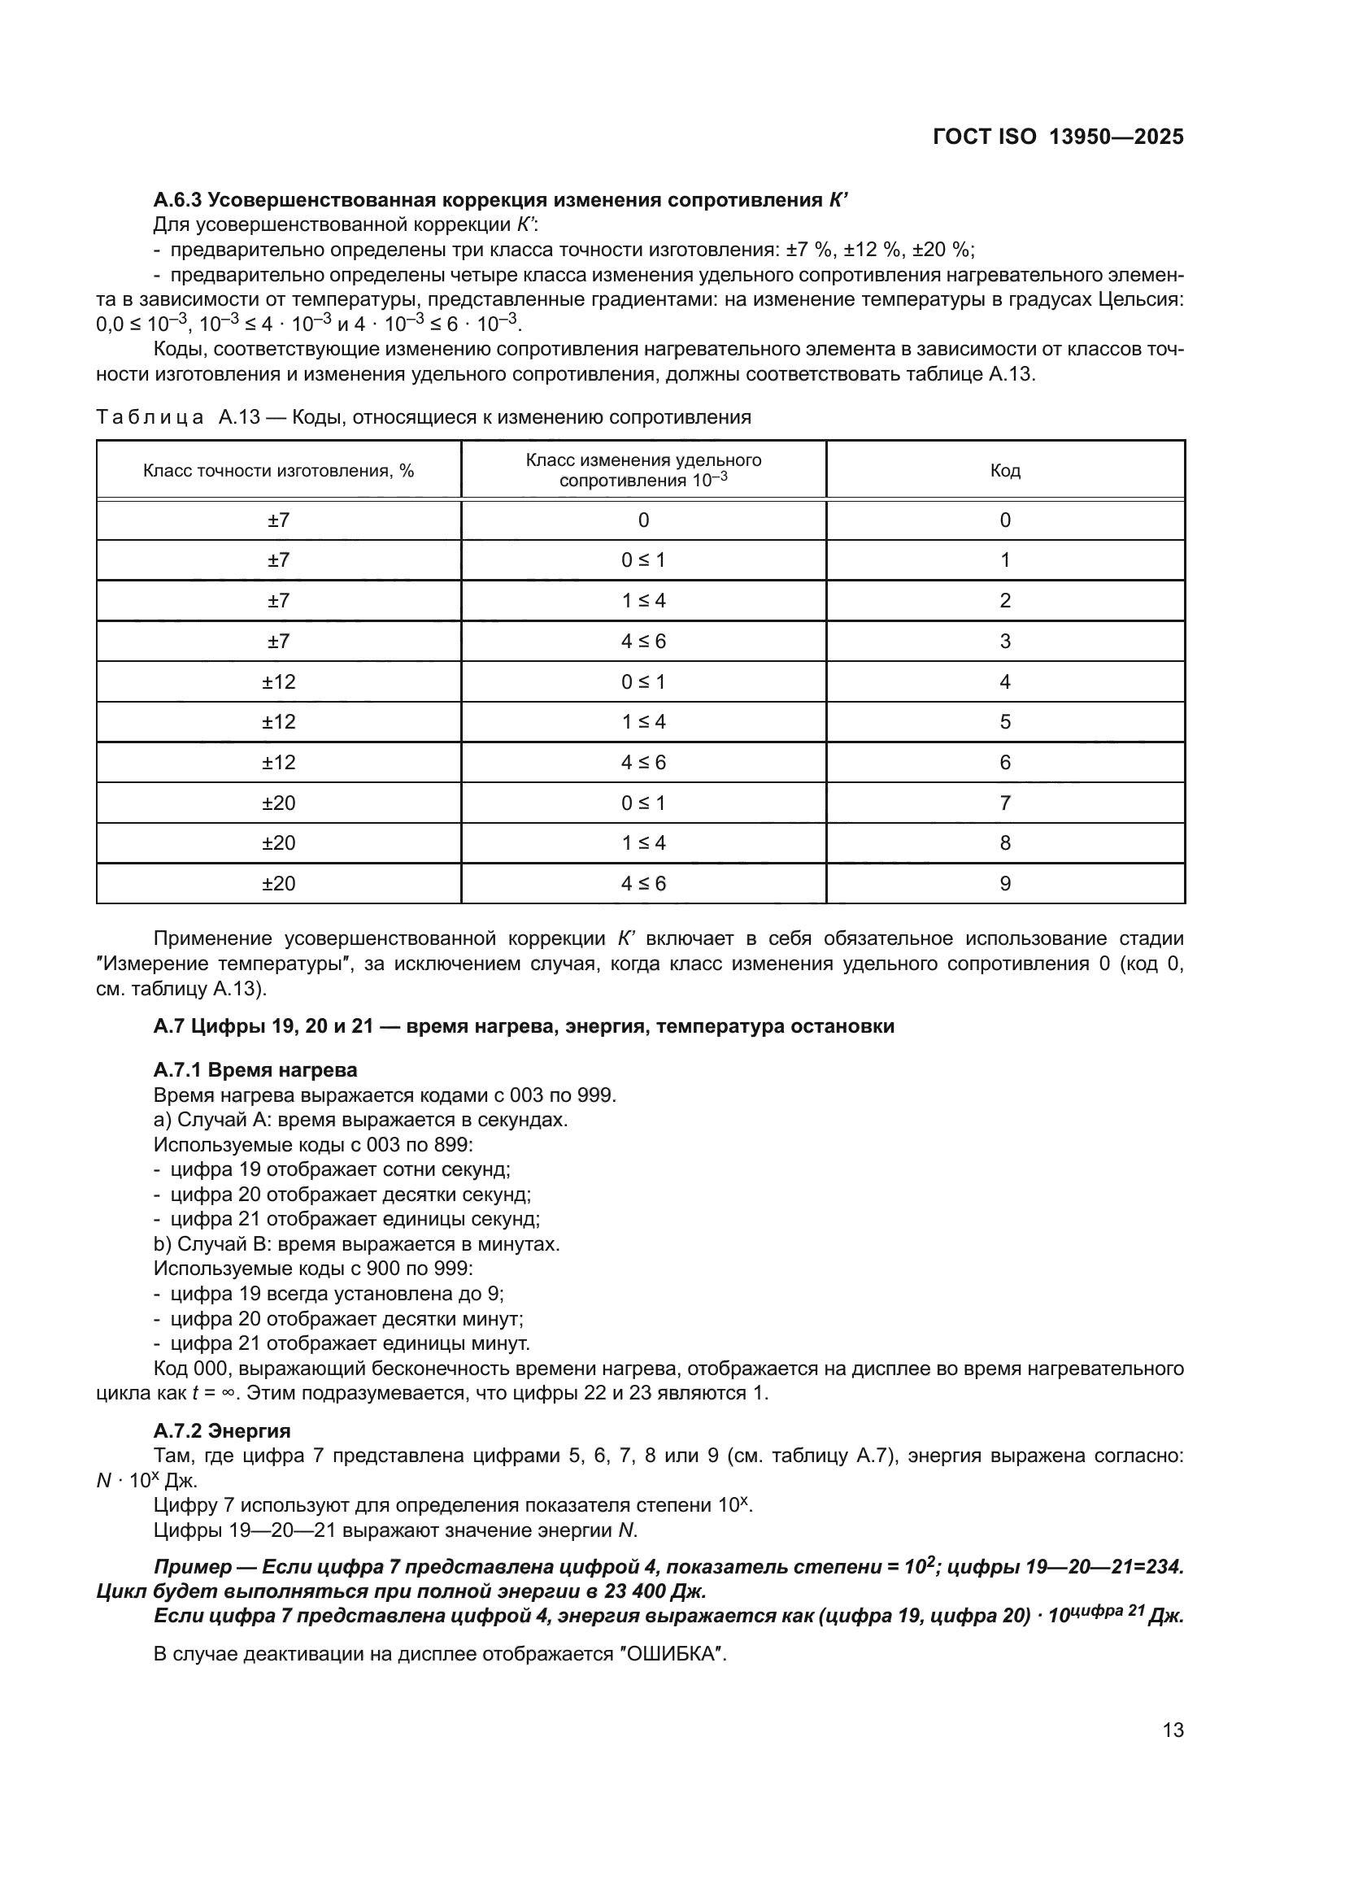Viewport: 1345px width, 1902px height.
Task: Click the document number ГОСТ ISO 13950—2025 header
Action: point(1058,137)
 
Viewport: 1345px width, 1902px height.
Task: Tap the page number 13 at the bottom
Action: point(1173,1730)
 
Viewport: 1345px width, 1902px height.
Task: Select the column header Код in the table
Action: point(1004,471)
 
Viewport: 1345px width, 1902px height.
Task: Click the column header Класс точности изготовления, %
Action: point(278,471)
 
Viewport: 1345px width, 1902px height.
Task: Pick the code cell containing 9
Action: point(1004,883)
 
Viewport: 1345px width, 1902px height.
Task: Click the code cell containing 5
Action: point(1004,721)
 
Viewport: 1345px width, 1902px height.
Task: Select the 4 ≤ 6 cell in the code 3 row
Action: point(643,641)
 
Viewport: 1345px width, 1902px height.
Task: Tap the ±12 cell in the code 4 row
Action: point(278,681)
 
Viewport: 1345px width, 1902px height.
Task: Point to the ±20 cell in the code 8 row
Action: point(278,842)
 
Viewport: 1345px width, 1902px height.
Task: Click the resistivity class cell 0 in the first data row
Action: point(643,520)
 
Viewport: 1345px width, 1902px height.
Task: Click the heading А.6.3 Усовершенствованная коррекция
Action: point(501,200)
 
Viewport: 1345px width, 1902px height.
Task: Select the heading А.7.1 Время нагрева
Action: point(255,1069)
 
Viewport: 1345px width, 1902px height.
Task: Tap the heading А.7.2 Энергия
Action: point(222,1430)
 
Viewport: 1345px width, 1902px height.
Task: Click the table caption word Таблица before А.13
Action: point(150,416)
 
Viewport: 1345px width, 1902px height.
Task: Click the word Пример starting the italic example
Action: point(193,1566)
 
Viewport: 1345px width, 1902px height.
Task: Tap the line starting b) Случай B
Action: point(356,1243)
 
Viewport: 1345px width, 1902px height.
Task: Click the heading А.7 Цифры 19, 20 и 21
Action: point(524,1026)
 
